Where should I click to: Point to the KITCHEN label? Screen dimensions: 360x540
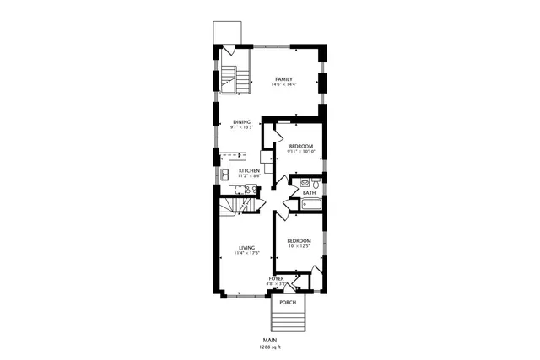click(x=249, y=170)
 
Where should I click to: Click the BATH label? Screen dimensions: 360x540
click(x=310, y=192)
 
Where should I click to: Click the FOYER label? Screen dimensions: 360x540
click(x=276, y=277)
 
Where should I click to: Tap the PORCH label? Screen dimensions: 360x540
click(x=288, y=301)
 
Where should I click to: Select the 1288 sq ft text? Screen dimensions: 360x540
click(x=270, y=347)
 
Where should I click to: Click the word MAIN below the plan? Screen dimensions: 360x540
click(x=270, y=340)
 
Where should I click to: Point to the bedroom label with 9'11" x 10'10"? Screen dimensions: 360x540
click(x=301, y=146)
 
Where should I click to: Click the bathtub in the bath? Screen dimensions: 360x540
click(x=307, y=203)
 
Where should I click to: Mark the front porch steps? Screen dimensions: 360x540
click(x=288, y=321)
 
